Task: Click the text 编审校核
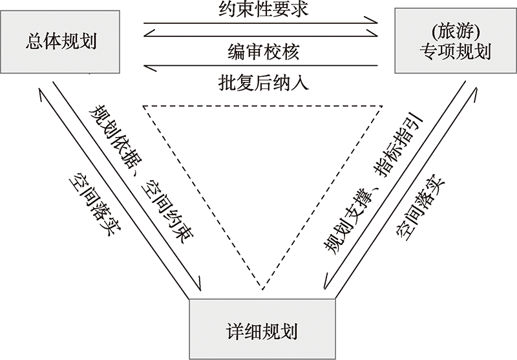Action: click(x=260, y=51)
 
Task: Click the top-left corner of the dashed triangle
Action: click(x=143, y=105)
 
